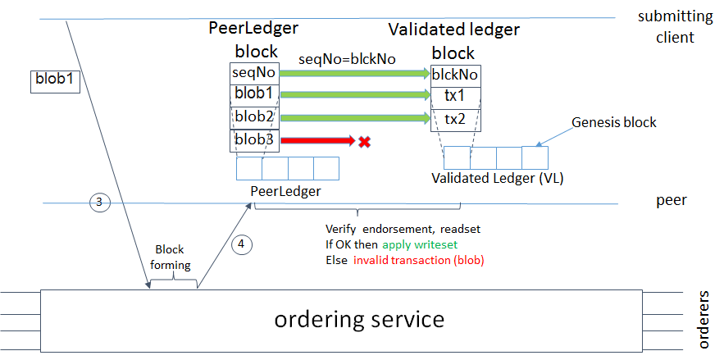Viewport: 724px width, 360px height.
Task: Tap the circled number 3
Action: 98,202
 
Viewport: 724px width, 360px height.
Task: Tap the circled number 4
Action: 240,244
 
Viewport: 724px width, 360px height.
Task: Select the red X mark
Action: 364,141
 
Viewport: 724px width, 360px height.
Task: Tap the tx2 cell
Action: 455,119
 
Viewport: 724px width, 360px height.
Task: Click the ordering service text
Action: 359,318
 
